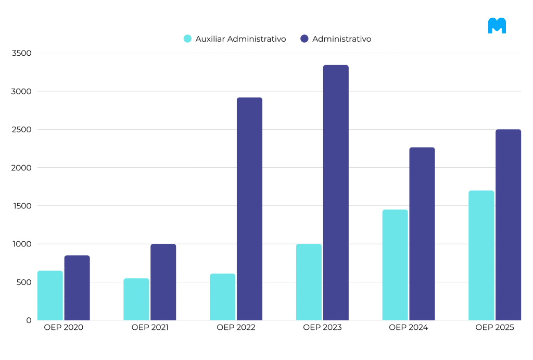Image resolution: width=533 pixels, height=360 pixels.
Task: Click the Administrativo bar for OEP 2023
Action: tap(336, 193)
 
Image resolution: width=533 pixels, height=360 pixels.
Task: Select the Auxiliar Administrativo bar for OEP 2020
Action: tap(50, 295)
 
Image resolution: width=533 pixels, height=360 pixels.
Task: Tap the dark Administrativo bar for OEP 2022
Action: tap(249, 209)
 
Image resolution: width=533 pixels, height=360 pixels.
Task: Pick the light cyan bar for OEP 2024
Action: tap(395, 265)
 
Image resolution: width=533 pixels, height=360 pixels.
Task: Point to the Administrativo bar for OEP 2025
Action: tap(508, 225)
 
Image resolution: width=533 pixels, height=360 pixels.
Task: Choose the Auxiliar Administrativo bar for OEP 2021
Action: tap(136, 299)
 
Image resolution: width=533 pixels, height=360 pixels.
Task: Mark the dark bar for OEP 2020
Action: tap(77, 288)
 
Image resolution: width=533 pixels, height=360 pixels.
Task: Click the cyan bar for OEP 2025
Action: tap(481, 255)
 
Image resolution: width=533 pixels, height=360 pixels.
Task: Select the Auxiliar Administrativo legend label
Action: tap(240, 39)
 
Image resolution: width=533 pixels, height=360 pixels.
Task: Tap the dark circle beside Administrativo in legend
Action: tap(304, 39)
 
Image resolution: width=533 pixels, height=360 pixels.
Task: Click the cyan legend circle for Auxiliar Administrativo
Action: tap(188, 39)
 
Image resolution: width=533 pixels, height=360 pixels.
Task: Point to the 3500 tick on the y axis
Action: tap(21, 53)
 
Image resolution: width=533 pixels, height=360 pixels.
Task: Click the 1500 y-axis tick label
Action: tap(21, 206)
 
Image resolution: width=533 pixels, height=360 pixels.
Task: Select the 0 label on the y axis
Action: tap(29, 320)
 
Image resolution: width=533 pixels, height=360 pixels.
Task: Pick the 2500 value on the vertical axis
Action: tap(21, 130)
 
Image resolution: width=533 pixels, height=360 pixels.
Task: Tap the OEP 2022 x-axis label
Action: tap(236, 328)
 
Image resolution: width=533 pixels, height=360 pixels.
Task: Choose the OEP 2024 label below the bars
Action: tap(408, 328)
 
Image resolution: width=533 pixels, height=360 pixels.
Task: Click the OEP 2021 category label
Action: tap(150, 328)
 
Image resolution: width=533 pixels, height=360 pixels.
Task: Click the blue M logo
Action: tap(497, 26)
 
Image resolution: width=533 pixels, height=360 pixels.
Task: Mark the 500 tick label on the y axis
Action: tap(23, 282)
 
